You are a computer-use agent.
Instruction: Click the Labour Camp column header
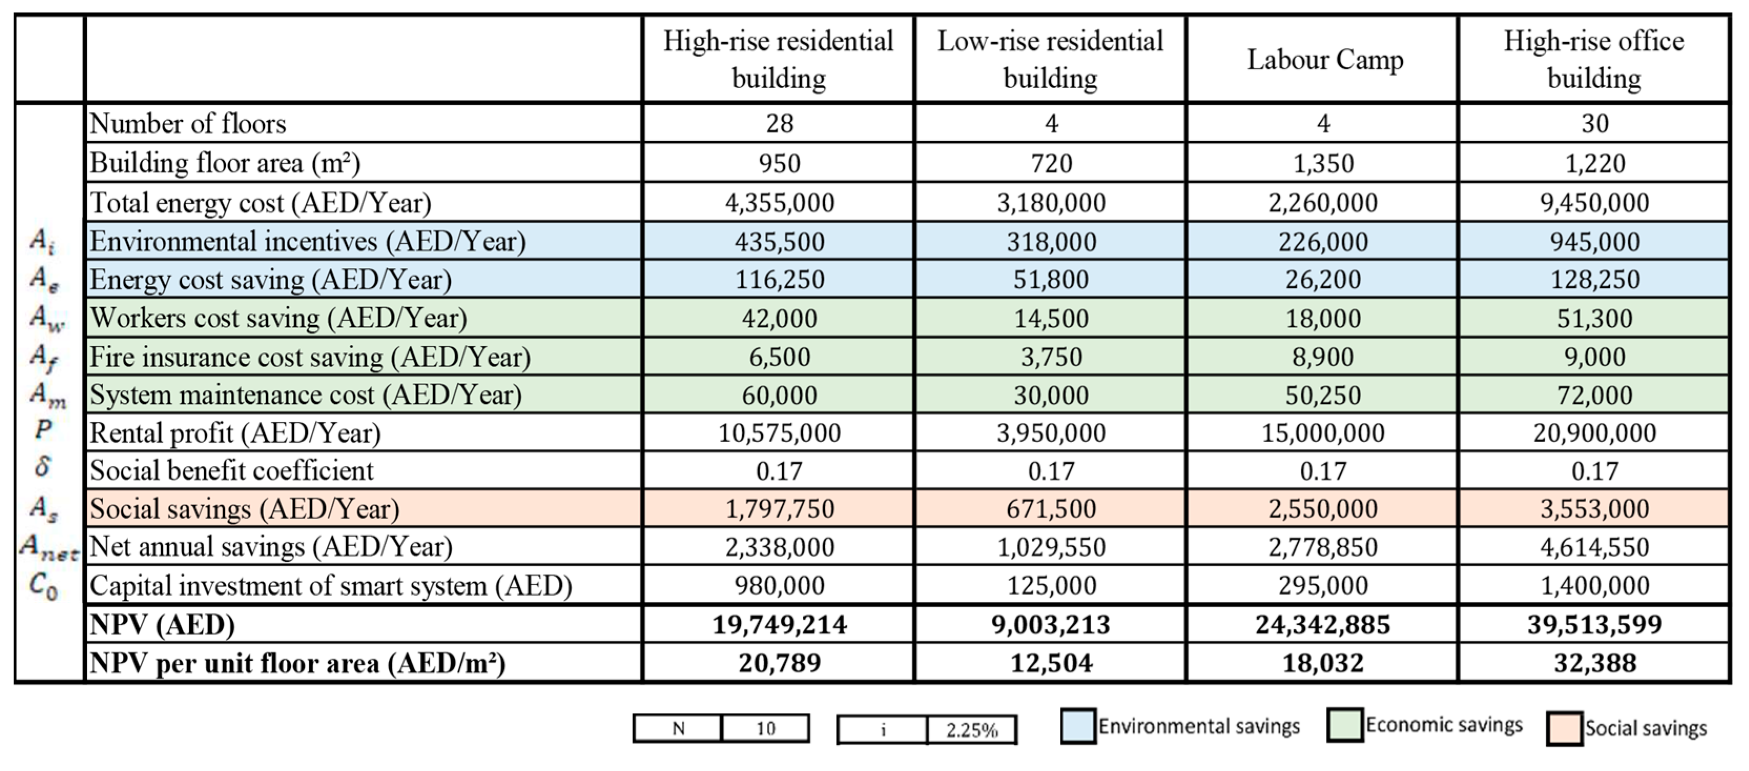(x=1324, y=60)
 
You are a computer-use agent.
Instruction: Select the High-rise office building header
(x=1593, y=60)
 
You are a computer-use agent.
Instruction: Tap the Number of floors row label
(x=188, y=123)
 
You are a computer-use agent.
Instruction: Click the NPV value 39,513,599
(x=1594, y=624)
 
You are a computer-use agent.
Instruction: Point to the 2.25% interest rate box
(x=971, y=730)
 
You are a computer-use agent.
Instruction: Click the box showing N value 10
(x=765, y=728)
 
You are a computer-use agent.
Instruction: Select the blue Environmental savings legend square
(x=1078, y=726)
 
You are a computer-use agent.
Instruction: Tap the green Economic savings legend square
(x=1344, y=725)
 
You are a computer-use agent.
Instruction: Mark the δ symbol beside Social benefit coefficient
(x=43, y=467)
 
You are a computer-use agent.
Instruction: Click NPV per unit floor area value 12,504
(x=1051, y=662)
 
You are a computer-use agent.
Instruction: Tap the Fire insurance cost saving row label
(x=309, y=357)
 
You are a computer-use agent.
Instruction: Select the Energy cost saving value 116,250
(x=780, y=279)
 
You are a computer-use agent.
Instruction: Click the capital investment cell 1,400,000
(x=1594, y=585)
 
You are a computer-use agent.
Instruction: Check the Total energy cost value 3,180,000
(x=1051, y=202)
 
